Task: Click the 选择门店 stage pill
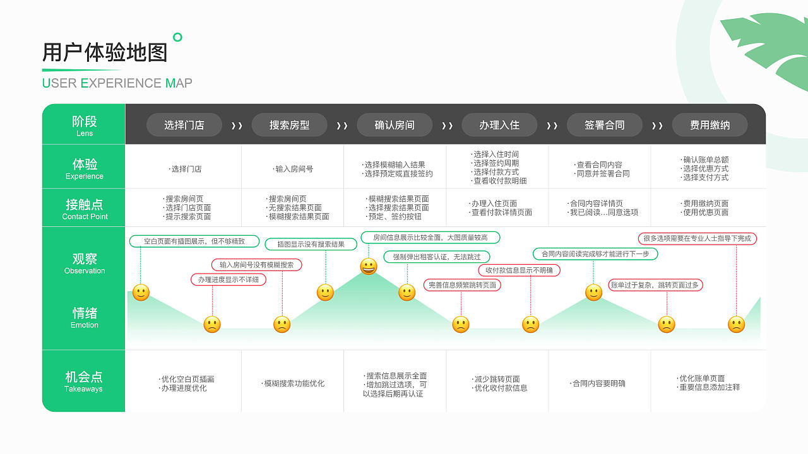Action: [x=184, y=125]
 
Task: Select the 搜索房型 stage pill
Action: [x=289, y=125]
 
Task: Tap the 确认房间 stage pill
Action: [x=395, y=125]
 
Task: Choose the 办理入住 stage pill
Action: [x=499, y=125]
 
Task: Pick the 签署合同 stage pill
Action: [x=604, y=125]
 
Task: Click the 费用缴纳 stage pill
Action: [x=710, y=125]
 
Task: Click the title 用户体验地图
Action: [x=105, y=52]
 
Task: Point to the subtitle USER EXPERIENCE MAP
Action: [x=117, y=83]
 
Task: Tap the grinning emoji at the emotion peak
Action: [x=369, y=266]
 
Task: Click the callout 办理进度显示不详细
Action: [x=229, y=279]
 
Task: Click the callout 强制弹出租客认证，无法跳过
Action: [x=437, y=257]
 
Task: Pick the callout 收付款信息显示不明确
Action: [x=519, y=270]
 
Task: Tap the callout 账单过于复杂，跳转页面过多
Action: [x=655, y=285]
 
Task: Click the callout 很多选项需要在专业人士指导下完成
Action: [x=697, y=238]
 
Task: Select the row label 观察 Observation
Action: [x=85, y=263]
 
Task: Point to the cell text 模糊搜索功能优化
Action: [x=294, y=383]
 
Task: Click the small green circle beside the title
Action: [x=177, y=37]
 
